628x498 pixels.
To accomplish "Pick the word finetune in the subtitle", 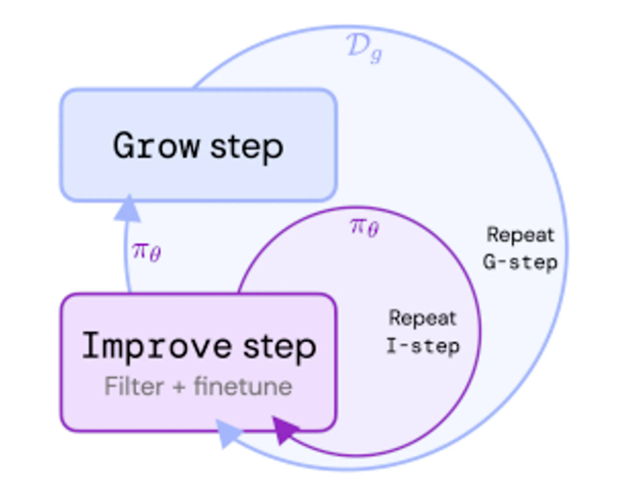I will [242, 386].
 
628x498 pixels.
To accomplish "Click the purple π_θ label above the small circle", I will [363, 226].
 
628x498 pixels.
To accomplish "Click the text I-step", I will [422, 346].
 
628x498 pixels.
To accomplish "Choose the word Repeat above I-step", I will [422, 319].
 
